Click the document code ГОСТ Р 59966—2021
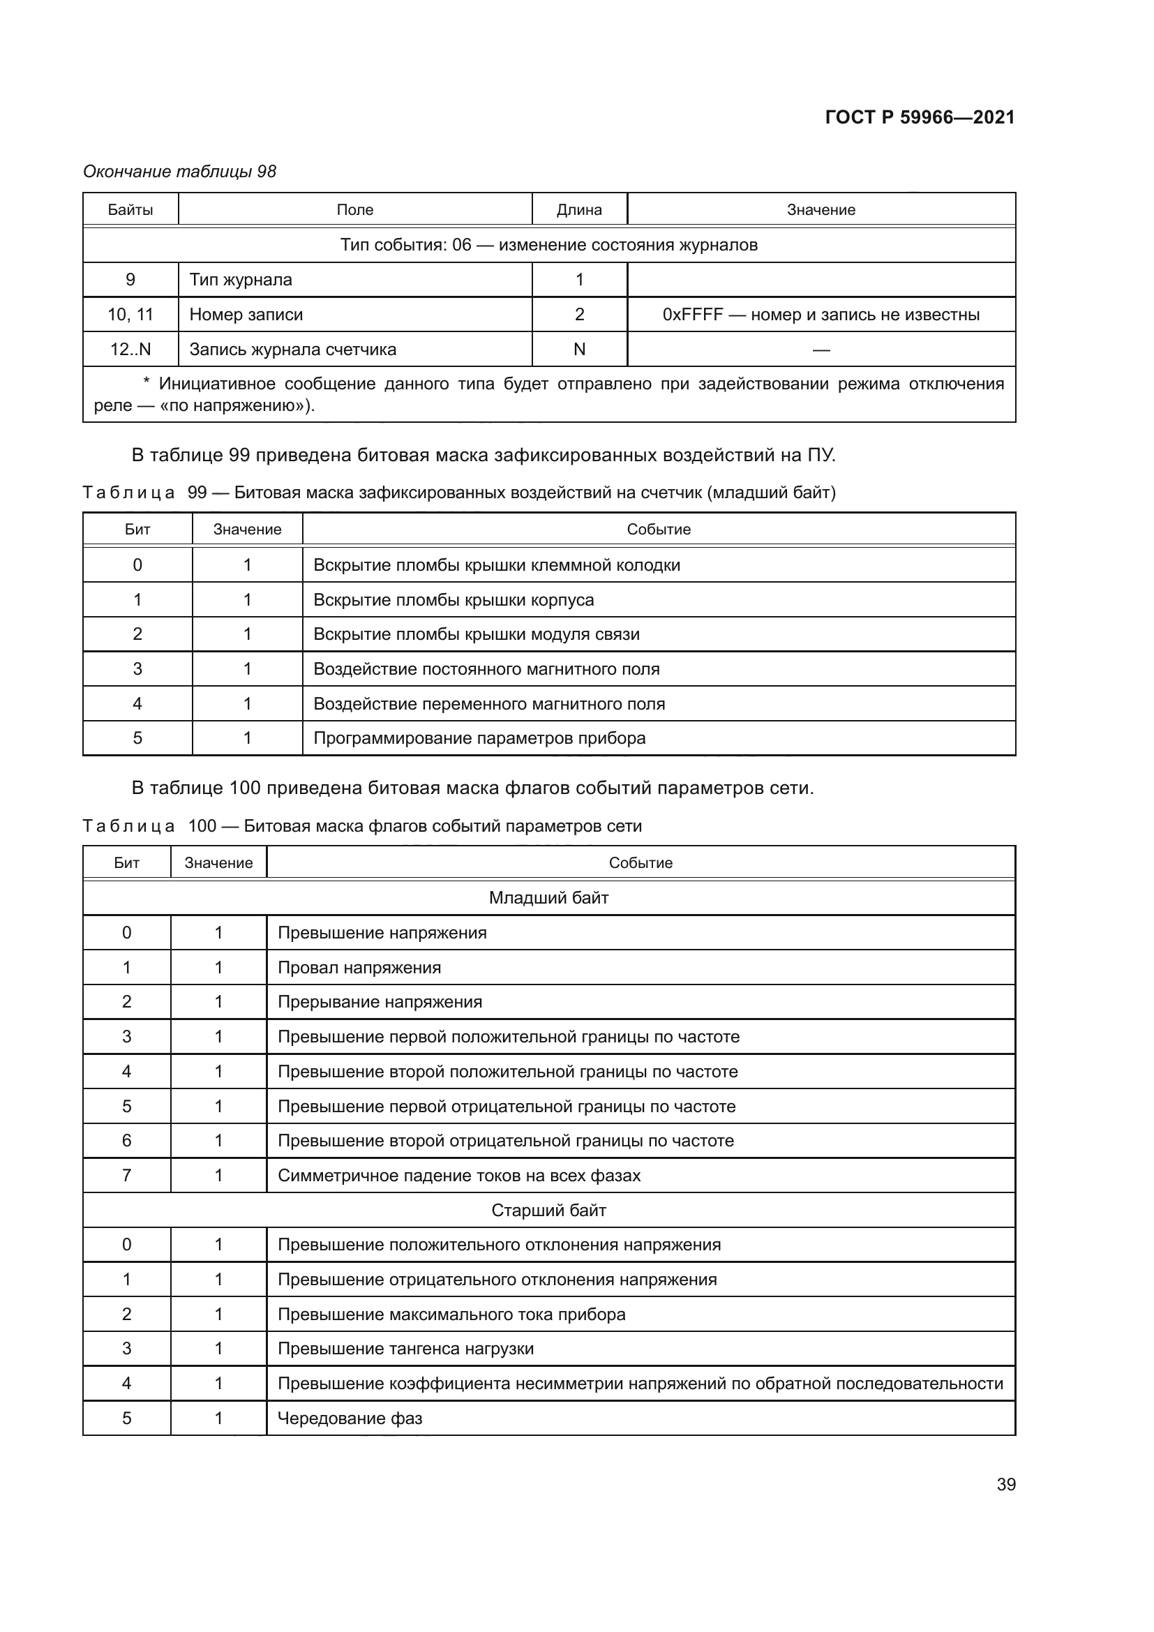click(920, 117)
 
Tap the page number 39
click(1005, 1484)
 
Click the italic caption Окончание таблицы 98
click(180, 172)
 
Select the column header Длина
click(579, 210)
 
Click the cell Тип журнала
click(241, 279)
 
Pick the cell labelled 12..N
click(130, 349)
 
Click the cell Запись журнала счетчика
click(293, 349)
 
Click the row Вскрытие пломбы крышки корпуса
click(454, 599)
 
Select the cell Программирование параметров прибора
click(479, 738)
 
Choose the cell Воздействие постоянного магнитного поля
click(487, 669)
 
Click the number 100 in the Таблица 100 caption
click(202, 825)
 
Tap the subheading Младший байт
click(548, 898)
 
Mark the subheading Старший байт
click(548, 1210)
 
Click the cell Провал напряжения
click(359, 967)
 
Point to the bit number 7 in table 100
click(126, 1175)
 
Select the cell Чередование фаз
click(350, 1418)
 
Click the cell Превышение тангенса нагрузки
click(406, 1349)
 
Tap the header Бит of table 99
click(137, 530)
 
